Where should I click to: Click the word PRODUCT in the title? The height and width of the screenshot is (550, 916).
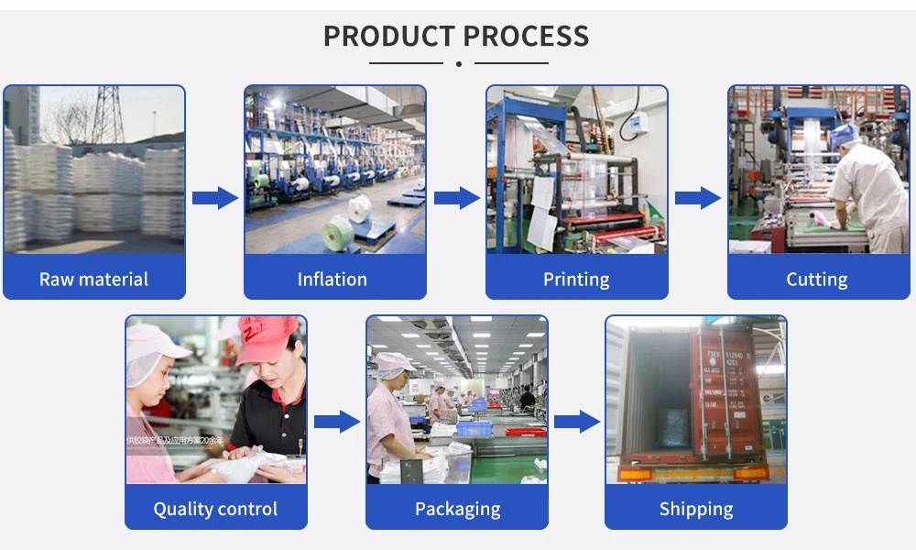pos(388,36)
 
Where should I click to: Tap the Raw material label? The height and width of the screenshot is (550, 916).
pos(93,280)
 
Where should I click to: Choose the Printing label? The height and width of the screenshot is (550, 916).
pos(575,280)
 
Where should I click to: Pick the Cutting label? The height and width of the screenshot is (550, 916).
pos(816,280)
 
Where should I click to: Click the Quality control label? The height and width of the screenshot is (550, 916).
pos(215,509)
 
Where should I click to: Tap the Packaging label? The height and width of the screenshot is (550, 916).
pos(457,509)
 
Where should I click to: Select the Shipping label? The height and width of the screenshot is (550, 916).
pos(696,509)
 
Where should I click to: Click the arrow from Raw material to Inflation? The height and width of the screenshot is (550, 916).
pos(214,197)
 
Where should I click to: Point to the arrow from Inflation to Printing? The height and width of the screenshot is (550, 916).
pos(456,197)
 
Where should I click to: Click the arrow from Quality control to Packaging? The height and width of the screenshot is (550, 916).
pos(336,422)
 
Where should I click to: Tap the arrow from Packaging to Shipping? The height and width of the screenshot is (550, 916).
pos(577,422)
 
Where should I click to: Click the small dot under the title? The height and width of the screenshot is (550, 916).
pos(458,63)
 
